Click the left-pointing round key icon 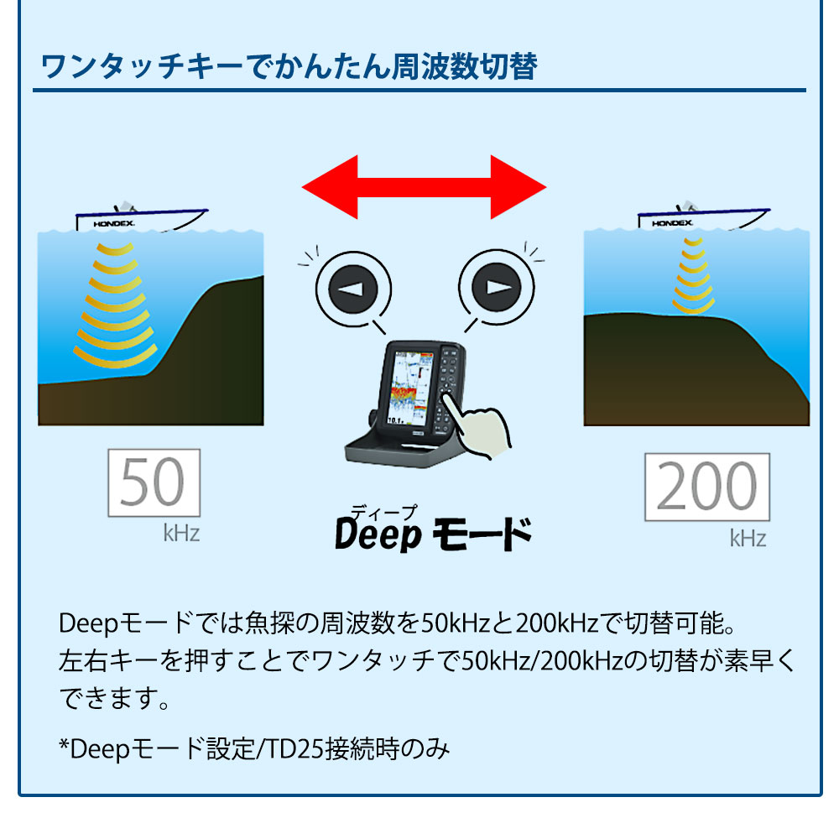353,289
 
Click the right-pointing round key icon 497,287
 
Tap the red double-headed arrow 424,187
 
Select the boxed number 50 154,482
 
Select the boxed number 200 706,487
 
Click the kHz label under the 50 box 181,534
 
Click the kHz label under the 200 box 748,539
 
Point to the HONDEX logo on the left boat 114,224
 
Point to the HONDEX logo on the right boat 672,222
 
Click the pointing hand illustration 477,425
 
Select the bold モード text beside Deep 482,534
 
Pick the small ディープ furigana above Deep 383,513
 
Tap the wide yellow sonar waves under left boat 116,305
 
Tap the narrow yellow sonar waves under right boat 694,275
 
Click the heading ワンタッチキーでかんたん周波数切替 289,67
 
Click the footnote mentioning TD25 254,748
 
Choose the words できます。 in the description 114,698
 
